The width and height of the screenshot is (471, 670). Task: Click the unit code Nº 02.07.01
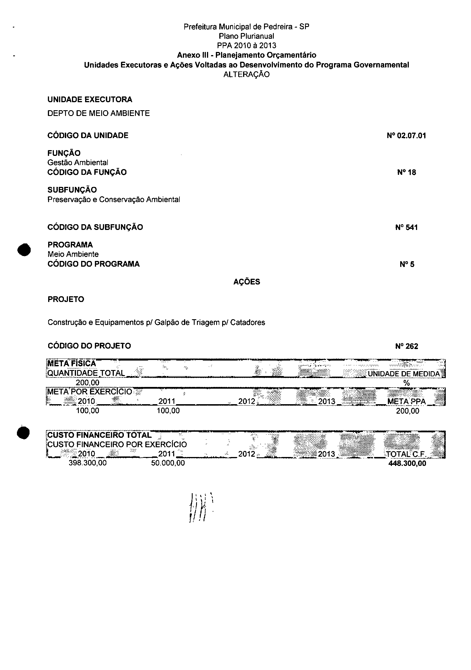406,136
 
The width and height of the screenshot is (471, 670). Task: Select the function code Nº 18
406,173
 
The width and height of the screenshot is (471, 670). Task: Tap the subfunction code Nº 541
406,227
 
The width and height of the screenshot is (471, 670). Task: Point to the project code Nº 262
406,346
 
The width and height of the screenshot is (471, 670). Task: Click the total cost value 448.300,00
407,463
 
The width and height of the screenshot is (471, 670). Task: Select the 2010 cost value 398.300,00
87,463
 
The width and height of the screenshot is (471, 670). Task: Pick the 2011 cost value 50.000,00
168,463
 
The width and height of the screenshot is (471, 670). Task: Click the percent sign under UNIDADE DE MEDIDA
406,383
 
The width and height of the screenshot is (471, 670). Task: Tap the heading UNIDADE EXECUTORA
90,100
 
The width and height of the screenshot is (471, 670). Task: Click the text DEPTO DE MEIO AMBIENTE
99,113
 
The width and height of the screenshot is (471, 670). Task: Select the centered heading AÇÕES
247,282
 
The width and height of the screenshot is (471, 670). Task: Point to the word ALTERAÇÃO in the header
247,74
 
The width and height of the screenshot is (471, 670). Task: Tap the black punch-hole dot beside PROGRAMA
24,250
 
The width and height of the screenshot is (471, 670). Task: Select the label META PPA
406,402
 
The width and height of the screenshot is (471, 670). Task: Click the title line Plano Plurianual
247,36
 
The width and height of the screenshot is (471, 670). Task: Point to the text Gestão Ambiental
78,162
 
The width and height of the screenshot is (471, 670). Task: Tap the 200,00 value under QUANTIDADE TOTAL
87,383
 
